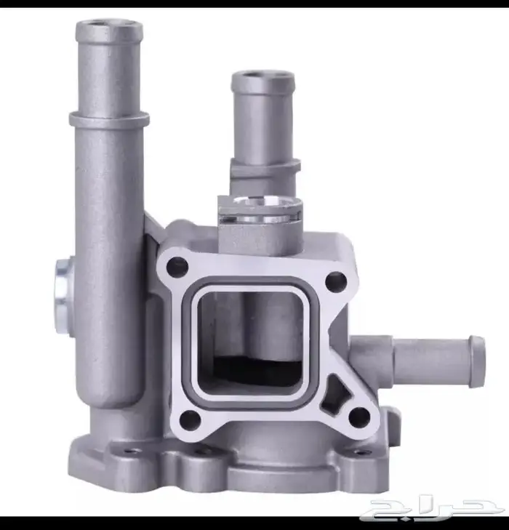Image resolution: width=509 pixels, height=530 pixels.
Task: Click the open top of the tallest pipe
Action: click(x=109, y=25)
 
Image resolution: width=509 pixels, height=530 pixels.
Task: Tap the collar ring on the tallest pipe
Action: click(x=109, y=119)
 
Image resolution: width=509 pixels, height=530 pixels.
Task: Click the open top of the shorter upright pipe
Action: click(x=263, y=77)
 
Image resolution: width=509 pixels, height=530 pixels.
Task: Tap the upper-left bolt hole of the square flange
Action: click(x=177, y=266)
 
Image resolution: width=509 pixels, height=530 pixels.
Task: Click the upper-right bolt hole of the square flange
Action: click(x=336, y=281)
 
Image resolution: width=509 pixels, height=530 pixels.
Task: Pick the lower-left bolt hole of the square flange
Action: click(x=191, y=419)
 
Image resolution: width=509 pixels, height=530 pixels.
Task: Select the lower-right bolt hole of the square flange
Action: click(x=359, y=417)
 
